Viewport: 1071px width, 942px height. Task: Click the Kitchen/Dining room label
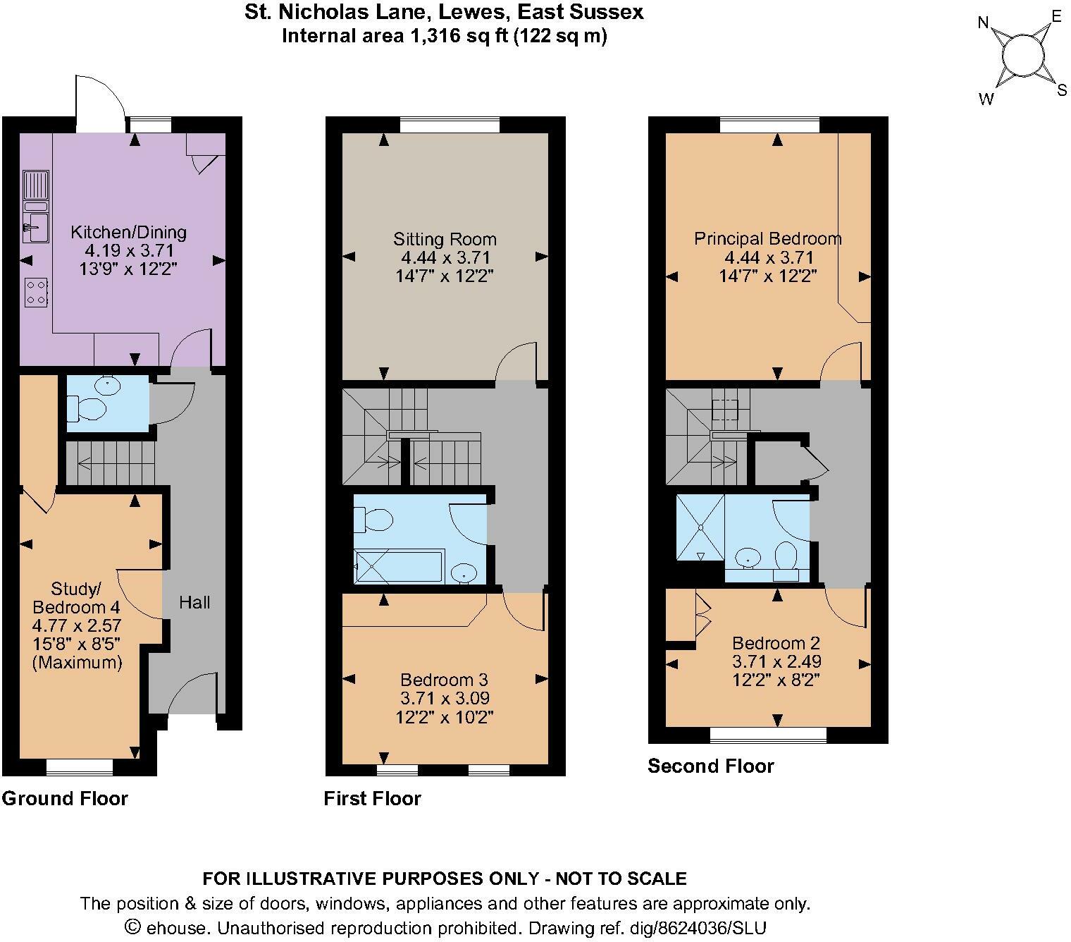click(x=128, y=232)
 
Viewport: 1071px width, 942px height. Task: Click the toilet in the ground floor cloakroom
click(x=87, y=408)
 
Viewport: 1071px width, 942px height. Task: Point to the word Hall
click(x=194, y=602)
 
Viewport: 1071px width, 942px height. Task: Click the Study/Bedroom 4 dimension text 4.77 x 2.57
click(x=77, y=625)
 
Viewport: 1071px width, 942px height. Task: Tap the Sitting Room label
click(x=445, y=239)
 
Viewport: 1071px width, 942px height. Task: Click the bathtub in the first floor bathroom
click(x=398, y=568)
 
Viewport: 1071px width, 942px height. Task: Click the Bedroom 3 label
click(x=444, y=680)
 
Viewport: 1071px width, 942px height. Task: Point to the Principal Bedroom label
click(x=767, y=238)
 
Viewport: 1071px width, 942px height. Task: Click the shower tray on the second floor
click(x=700, y=527)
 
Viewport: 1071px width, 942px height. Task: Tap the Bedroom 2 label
click(x=776, y=643)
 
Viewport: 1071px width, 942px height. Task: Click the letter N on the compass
click(x=984, y=23)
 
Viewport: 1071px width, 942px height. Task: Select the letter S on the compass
click(x=1061, y=90)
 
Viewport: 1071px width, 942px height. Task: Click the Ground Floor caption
click(x=65, y=798)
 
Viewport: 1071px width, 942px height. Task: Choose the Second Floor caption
click(x=710, y=766)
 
